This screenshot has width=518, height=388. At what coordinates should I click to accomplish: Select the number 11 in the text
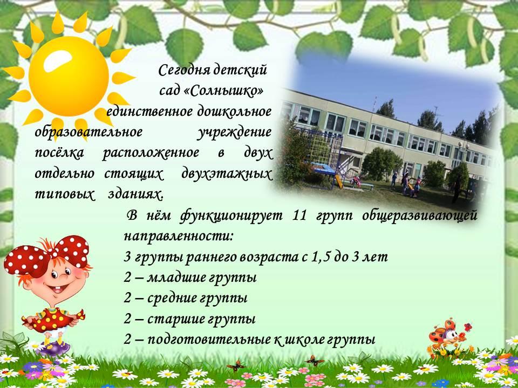299,216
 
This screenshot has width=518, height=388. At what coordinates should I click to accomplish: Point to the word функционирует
231,217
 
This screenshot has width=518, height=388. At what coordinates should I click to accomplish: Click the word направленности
179,237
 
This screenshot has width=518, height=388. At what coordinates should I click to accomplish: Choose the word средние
172,298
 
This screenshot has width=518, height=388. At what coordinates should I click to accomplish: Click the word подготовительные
209,339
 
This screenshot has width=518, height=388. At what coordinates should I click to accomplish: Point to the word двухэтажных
227,175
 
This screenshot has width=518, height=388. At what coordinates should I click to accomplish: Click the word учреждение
235,133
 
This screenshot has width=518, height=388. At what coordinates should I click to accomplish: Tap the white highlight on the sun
57,61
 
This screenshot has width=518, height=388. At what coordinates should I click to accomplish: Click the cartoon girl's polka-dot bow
46,253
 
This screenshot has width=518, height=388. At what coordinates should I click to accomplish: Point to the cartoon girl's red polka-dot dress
53,318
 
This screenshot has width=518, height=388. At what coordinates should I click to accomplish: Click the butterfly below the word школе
315,361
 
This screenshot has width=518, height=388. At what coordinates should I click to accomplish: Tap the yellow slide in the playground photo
339,182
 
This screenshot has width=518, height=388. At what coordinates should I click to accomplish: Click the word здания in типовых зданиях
136,195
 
